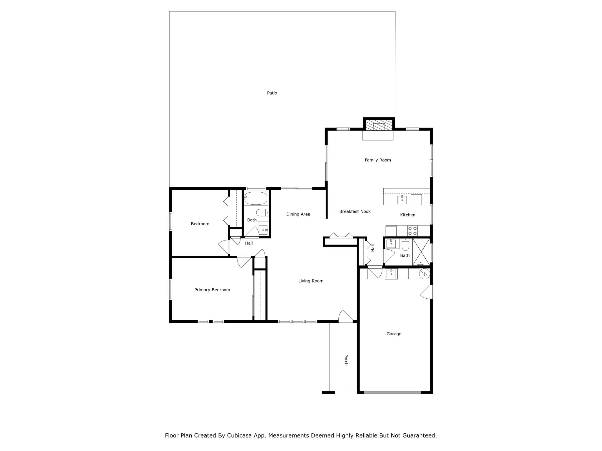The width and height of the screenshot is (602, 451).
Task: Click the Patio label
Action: [272, 93]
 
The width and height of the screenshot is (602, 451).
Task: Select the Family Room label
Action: [378, 160]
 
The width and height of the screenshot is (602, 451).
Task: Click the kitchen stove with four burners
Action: [413, 231]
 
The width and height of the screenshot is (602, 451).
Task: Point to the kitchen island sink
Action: [402, 200]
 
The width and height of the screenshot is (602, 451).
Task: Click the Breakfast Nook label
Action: [355, 211]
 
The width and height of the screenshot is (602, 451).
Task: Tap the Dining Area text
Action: [298, 214]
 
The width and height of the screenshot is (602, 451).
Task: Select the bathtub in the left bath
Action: [256, 199]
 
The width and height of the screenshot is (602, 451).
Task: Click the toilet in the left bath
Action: [262, 212]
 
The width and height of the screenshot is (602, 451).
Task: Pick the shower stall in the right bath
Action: [421, 252]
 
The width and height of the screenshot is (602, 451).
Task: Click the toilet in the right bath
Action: [405, 245]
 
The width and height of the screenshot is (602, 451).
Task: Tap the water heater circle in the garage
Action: [424, 274]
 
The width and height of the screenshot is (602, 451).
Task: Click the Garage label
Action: [394, 334]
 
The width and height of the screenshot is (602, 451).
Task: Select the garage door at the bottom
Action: [392, 392]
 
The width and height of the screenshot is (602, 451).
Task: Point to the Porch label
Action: [346, 360]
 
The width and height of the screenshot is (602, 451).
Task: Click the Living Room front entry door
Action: [345, 317]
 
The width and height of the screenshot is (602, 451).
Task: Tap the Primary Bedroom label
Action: [212, 290]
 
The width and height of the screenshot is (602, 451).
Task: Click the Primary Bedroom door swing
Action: [244, 262]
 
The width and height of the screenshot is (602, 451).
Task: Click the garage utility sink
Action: [391, 274]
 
